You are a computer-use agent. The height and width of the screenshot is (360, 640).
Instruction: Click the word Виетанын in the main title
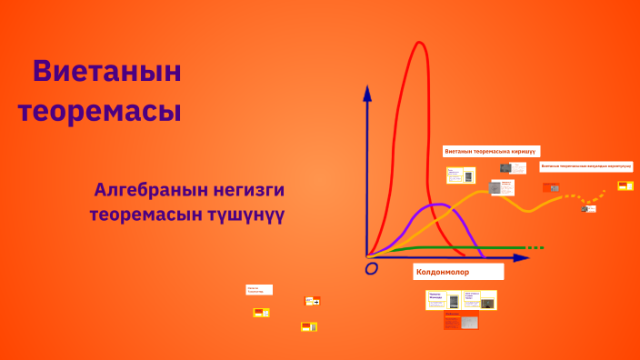tap(106, 71)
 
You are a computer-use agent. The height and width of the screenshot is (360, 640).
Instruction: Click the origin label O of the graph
tap(371, 268)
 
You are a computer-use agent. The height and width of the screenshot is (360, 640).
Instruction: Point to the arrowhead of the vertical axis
tap(366, 93)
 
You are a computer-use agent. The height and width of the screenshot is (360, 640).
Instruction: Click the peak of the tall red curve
tap(420, 44)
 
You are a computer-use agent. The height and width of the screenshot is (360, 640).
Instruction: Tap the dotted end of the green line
tap(536, 247)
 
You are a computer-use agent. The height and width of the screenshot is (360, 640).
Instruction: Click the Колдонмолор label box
tap(458, 272)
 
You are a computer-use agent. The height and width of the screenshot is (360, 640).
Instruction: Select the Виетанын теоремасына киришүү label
tap(492, 151)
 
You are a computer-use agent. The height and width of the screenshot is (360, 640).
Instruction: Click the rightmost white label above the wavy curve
tap(585, 166)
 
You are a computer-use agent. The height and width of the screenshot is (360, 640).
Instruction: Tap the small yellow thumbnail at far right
tap(625, 185)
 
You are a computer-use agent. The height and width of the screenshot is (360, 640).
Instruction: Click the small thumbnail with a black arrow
tap(312, 300)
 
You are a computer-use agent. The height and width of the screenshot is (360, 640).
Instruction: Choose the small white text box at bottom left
tap(258, 289)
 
